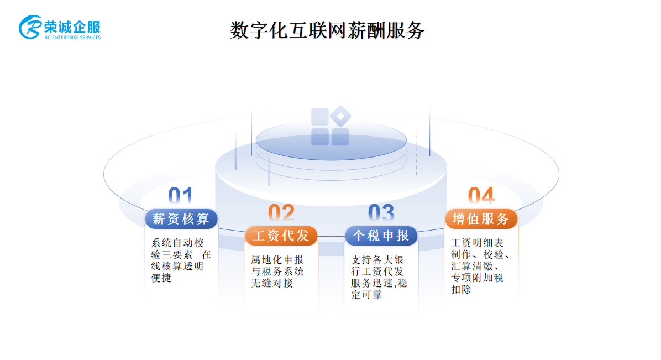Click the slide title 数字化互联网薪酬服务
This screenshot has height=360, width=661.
coord(327,30)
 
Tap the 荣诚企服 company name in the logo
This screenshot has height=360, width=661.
coord(72,27)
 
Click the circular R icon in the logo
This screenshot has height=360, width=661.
coord(30,28)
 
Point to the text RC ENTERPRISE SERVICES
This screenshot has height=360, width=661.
coord(72,38)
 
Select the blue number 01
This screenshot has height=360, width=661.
coord(180,196)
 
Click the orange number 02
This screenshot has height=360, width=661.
coord(281,213)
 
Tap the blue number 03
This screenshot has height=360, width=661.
coord(381,213)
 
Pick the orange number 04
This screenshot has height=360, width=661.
coord(481,196)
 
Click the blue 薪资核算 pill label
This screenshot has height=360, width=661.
coord(181,218)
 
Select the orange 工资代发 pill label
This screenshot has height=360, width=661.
coord(281,236)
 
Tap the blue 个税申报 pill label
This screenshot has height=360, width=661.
coord(381,236)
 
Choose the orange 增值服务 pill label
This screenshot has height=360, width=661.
coord(481,218)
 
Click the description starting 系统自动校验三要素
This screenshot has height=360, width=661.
coord(181,260)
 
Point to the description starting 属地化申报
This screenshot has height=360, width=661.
coord(277,272)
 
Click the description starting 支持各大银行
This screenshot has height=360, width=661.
coord(379,277)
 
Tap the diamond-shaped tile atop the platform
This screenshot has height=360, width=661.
coord(340,116)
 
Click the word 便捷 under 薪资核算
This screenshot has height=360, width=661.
coord(161,278)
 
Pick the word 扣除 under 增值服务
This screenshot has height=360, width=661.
coord(461,290)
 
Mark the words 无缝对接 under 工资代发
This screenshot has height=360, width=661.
coord(272,283)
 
